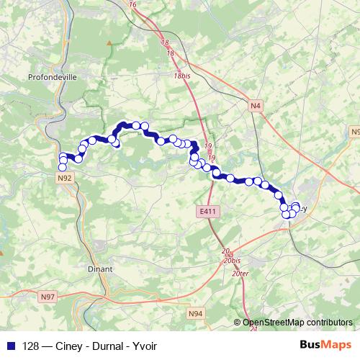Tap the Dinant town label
coord(100,269)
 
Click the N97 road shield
coord(48,297)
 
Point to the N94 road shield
coord(195,313)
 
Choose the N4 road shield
coord(255,106)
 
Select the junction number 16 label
coord(132,4)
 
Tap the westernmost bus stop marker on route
coord(63,168)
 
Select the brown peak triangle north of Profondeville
coord(109,44)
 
